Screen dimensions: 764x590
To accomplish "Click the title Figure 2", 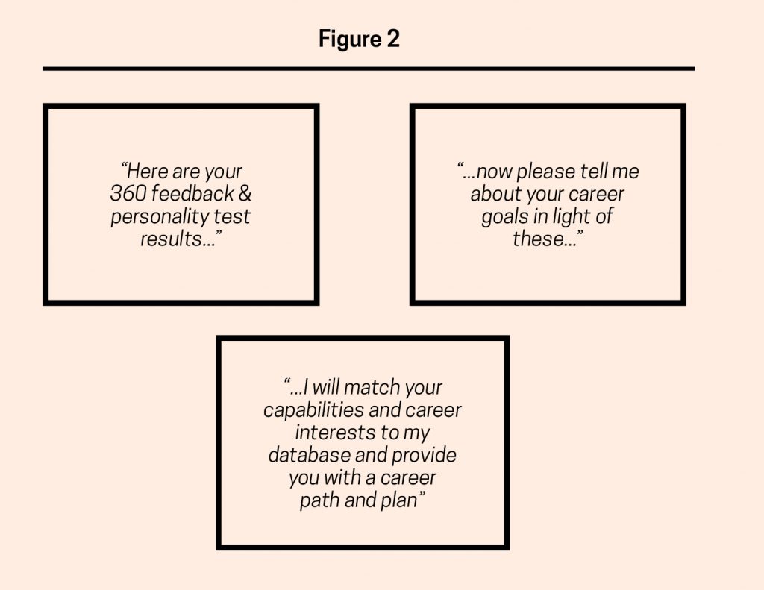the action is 359,39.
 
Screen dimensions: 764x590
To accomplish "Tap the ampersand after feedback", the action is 245,193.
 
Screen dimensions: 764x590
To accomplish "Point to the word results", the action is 171,239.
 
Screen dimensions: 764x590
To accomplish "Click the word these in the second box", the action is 538,239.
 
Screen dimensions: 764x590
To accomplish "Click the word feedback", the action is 192,193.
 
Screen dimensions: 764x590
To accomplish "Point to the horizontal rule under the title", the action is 369,69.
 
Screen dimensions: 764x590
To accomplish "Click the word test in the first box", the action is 232,216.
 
